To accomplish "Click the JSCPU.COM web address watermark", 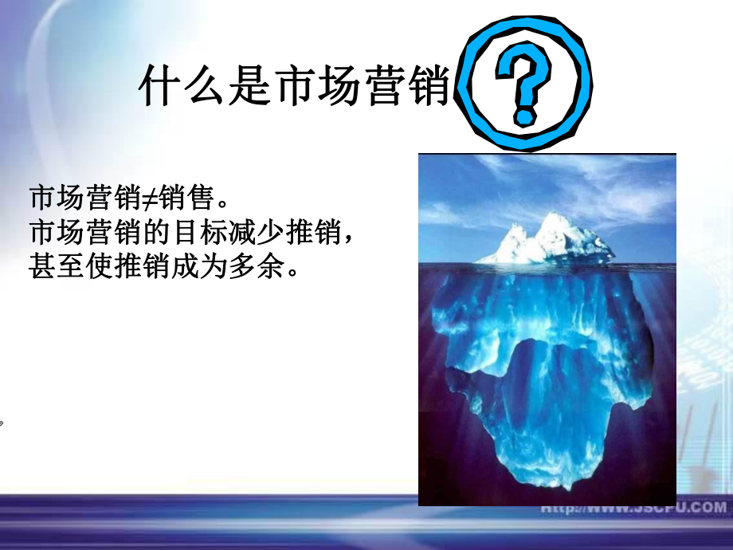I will coord(633,508).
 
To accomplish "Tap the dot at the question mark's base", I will coord(523,118).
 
